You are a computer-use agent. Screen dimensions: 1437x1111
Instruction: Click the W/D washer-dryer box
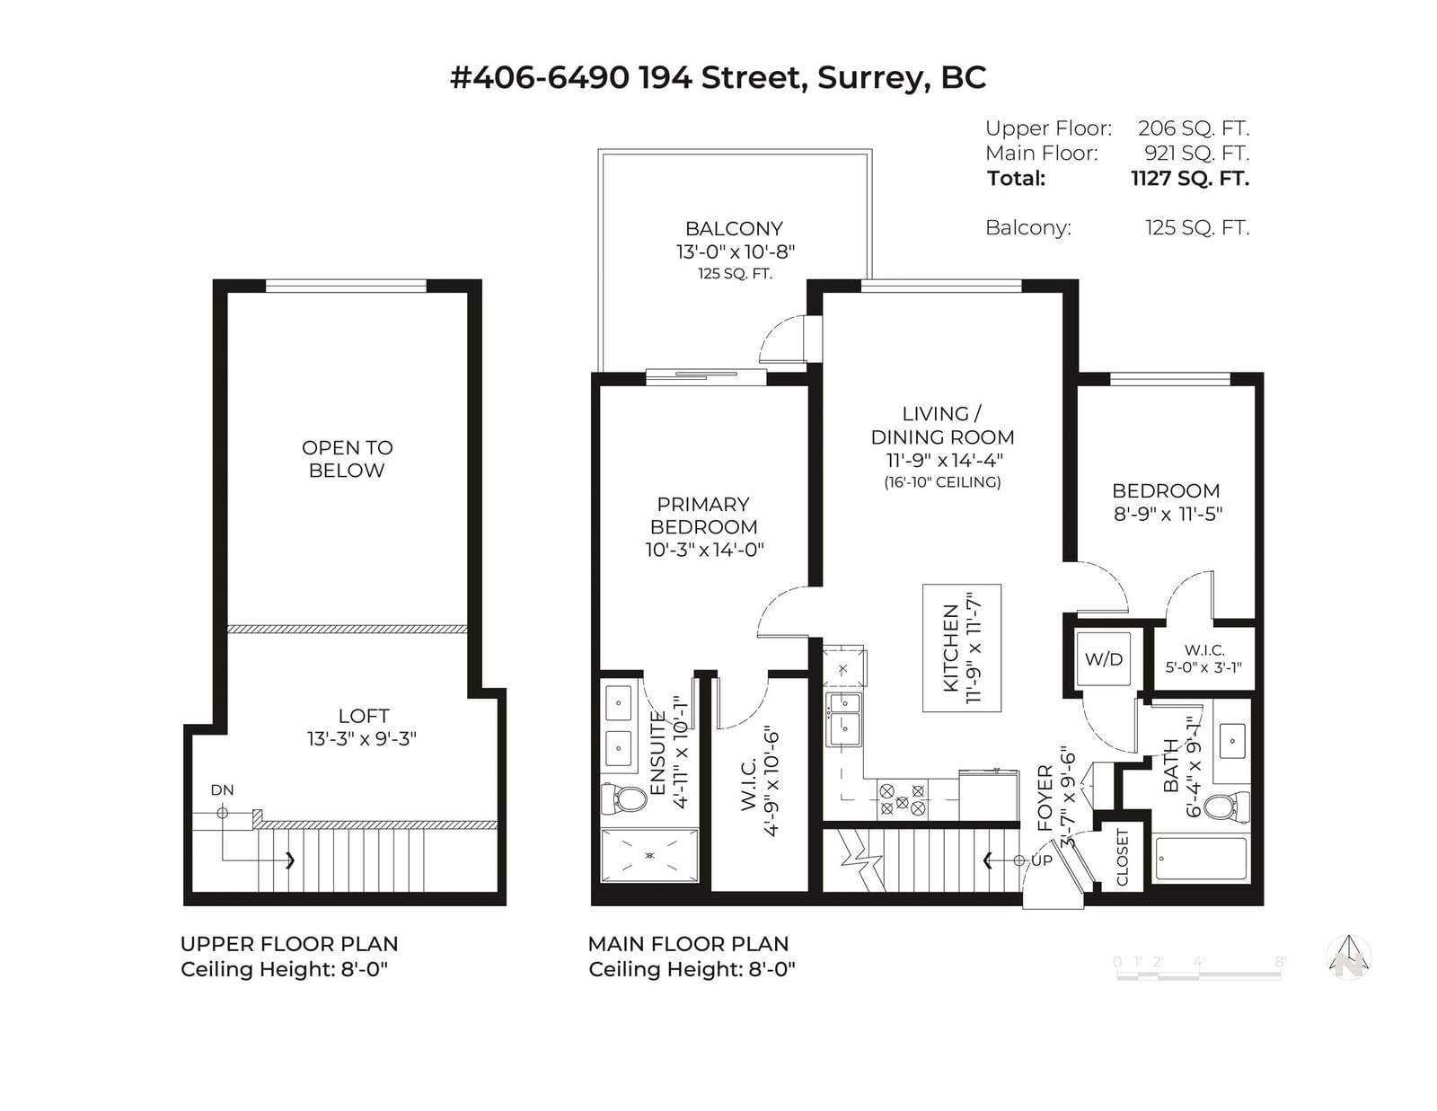coord(1103,658)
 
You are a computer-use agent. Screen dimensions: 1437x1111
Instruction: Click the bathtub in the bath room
coord(1201,859)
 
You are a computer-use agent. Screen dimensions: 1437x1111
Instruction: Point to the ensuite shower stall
coord(649,855)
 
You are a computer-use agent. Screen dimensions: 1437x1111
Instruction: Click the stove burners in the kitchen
coord(902,798)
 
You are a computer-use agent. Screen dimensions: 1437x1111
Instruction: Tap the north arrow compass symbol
coord(1349,957)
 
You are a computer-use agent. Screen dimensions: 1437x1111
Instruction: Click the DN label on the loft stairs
coord(222,789)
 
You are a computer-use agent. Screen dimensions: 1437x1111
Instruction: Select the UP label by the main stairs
coord(1042,860)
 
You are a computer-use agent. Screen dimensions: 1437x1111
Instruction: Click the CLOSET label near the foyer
coord(1123,857)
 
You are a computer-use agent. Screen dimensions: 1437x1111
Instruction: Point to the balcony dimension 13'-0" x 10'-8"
coord(735,252)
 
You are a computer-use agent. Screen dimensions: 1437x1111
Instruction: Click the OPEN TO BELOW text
coord(348,459)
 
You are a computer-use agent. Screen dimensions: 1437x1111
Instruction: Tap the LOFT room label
coord(364,716)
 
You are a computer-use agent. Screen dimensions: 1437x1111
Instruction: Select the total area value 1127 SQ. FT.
coord(1190,179)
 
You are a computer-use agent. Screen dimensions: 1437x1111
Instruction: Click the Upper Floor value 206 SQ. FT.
coord(1194,128)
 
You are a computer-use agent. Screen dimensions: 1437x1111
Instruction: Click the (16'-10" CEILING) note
coord(942,482)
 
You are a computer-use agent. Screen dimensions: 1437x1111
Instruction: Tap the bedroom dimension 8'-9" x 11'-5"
coord(1168,514)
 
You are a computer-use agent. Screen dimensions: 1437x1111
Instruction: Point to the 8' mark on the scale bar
coord(1280,962)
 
